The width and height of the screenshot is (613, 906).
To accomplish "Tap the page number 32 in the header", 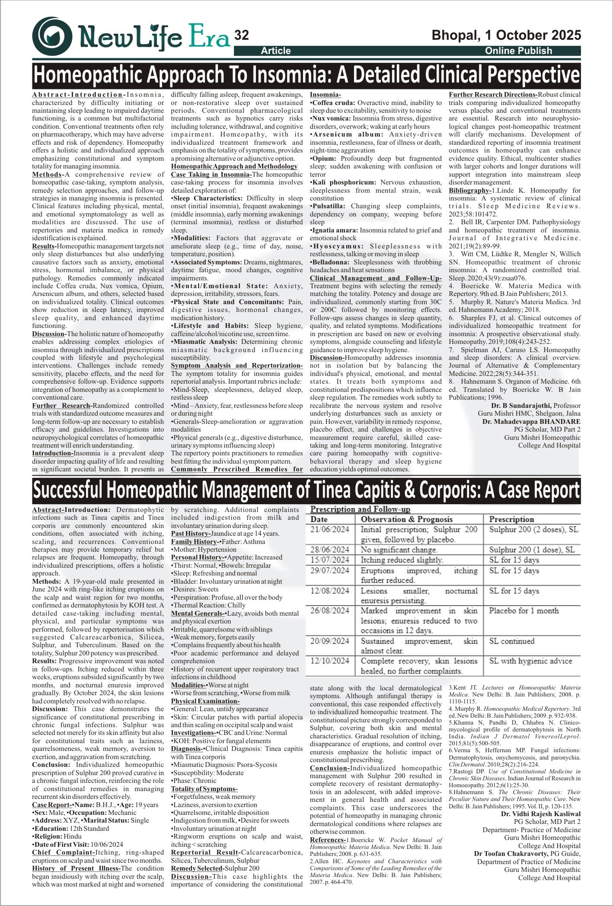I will [x=242, y=35].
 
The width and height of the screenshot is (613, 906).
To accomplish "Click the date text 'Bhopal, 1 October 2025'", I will [x=506, y=35].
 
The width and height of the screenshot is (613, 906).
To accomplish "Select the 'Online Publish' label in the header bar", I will [x=518, y=51].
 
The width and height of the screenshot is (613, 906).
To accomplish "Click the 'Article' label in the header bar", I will [x=276, y=51].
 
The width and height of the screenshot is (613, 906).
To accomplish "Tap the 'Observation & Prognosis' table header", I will [x=406, y=519].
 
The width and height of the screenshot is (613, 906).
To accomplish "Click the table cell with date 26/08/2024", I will [x=329, y=610].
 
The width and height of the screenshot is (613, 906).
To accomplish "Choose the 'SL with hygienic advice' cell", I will [x=530, y=661].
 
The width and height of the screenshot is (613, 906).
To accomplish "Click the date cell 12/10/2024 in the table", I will [x=329, y=661].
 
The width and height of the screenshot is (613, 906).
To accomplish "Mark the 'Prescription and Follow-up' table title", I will [x=360, y=509].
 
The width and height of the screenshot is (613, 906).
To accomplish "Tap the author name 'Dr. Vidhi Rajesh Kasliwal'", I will [x=541, y=814].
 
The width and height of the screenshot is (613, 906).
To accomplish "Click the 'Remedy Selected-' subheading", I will [x=197, y=868].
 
